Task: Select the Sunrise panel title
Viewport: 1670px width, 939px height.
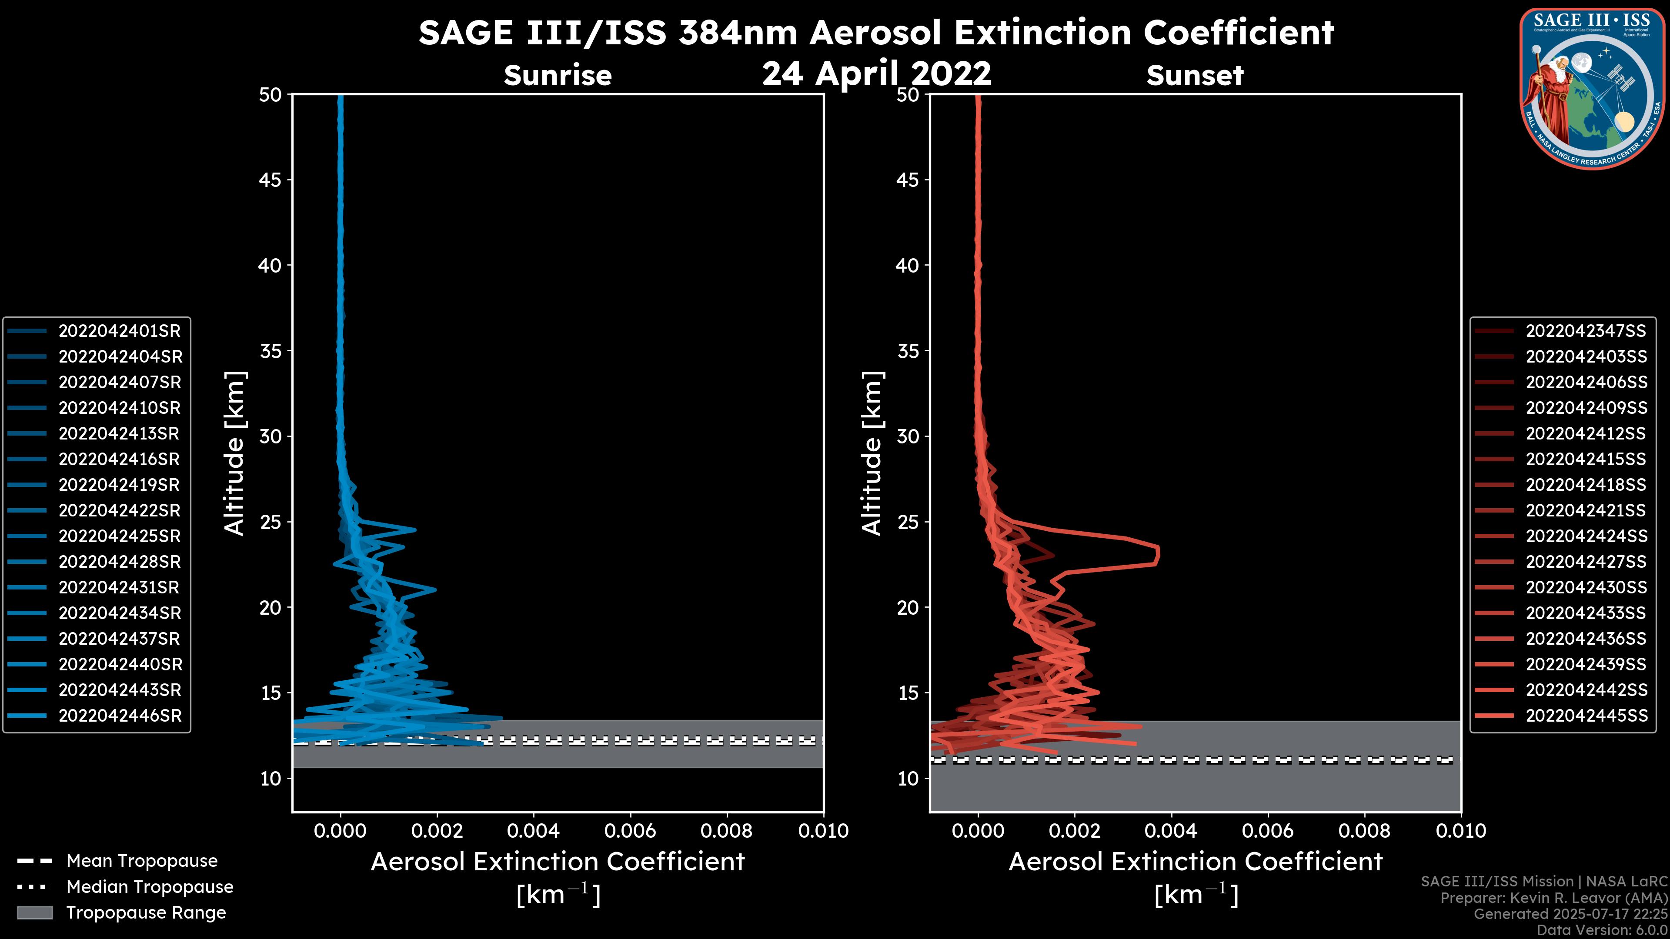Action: (558, 76)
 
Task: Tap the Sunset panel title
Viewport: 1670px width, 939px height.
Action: (1195, 76)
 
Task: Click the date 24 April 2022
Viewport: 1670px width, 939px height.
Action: (876, 73)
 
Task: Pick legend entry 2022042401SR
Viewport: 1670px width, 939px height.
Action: (119, 331)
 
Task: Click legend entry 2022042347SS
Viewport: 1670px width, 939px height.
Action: (1586, 331)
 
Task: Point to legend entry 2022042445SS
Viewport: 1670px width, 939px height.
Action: (1586, 716)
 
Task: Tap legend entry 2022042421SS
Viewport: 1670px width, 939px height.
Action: (1586, 511)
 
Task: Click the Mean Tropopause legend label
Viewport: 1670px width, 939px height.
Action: (142, 861)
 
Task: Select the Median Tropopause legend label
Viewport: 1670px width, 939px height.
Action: (150, 887)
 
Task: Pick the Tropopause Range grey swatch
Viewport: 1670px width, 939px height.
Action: (34, 913)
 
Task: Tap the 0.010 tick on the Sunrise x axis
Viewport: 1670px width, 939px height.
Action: (823, 831)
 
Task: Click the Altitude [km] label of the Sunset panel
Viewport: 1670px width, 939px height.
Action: (872, 453)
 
